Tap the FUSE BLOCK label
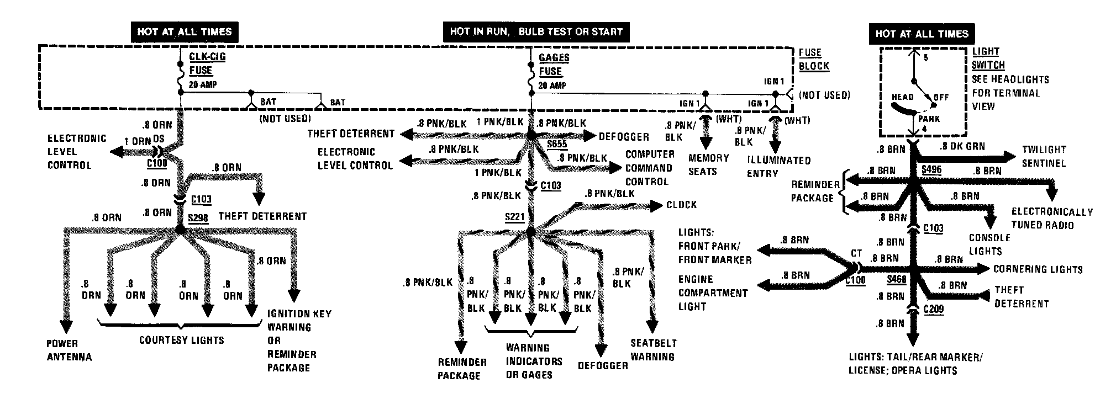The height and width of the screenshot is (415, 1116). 814,59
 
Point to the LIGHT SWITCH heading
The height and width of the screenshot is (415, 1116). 988,58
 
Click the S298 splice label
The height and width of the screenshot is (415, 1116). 198,217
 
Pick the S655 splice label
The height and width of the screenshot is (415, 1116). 557,145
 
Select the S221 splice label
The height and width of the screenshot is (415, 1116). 514,217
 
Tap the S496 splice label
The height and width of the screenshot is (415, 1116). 931,169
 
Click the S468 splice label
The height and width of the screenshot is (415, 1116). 896,279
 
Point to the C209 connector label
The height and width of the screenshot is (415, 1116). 934,310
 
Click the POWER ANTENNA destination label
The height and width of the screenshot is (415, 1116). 69,350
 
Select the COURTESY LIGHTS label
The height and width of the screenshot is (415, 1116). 181,340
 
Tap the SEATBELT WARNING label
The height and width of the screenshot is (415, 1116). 653,350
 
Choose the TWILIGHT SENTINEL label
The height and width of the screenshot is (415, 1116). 1044,156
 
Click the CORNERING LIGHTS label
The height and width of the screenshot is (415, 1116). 1038,269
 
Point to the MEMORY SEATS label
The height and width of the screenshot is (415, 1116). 708,164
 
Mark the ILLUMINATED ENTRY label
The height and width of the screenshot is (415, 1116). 778,167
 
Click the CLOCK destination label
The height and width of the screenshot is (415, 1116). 681,205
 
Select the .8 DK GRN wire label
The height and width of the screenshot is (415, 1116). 962,147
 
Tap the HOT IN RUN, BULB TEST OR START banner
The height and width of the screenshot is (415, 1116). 536,31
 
